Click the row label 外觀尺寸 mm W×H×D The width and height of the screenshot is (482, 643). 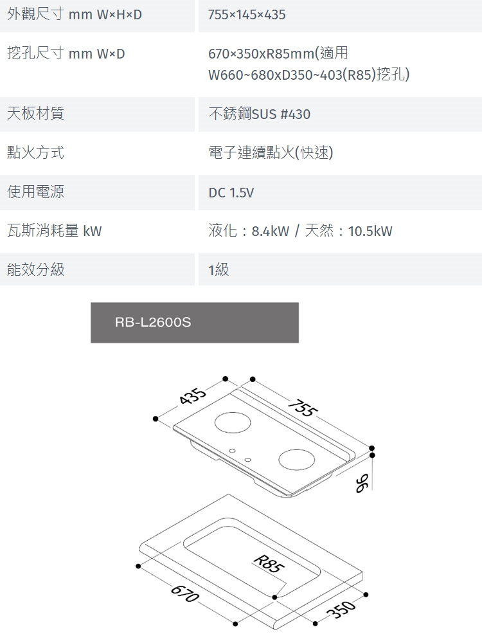(74, 14)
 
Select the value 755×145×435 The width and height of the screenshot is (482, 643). (247, 15)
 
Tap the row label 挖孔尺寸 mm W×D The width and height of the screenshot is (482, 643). (66, 53)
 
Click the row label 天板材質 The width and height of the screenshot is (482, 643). (35, 114)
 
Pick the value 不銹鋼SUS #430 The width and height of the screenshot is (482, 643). (260, 114)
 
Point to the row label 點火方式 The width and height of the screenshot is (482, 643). (35, 152)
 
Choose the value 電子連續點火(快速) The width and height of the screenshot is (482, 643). (271, 153)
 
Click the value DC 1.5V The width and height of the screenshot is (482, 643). (231, 193)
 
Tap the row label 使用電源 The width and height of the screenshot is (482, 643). (35, 192)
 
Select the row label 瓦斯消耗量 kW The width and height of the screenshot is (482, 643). (54, 231)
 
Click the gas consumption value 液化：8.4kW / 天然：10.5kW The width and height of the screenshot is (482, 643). (300, 231)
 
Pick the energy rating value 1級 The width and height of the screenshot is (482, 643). (219, 270)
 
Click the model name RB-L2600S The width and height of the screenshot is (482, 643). (153, 323)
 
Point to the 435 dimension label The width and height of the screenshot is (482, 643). (193, 398)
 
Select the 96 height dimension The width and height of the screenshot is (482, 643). (363, 482)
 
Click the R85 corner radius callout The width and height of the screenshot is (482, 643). (267, 563)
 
